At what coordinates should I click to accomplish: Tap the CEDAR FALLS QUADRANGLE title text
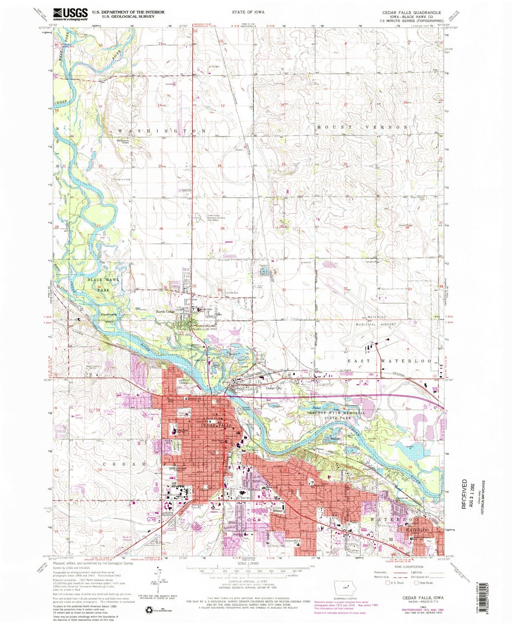click(411, 12)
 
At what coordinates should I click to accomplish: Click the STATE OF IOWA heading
click(248, 12)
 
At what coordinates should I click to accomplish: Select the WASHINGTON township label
click(162, 131)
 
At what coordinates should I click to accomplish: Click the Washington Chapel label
click(120, 142)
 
